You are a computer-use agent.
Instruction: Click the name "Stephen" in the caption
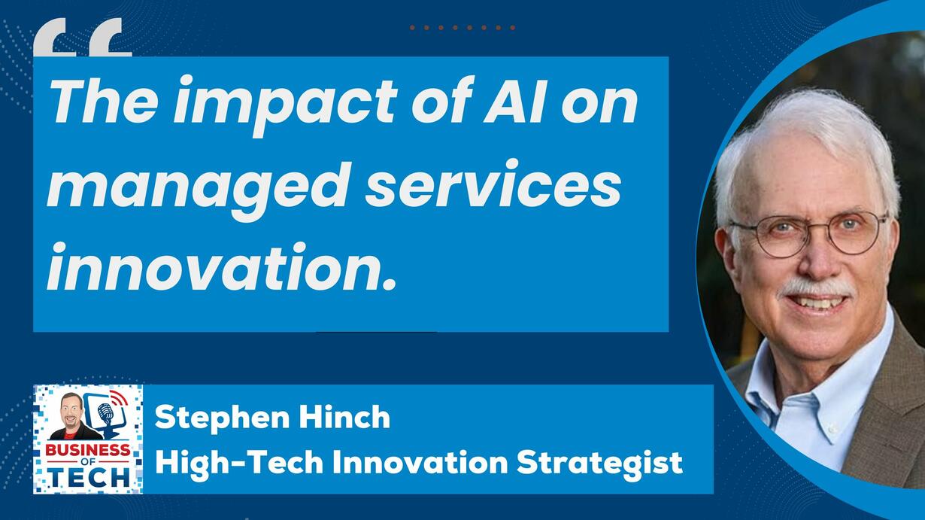tap(222, 418)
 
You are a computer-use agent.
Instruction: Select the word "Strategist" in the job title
tap(599, 464)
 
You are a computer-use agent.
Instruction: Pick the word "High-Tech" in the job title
tap(238, 462)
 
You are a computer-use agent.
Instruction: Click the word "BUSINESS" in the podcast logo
tap(87, 450)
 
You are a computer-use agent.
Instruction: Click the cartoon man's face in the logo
tap(71, 412)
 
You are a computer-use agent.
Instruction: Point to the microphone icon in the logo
tap(105, 412)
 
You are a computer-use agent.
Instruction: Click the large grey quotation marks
tap(82, 37)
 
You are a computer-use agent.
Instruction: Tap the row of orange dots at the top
tap(462, 28)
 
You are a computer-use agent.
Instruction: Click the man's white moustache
tap(816, 289)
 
